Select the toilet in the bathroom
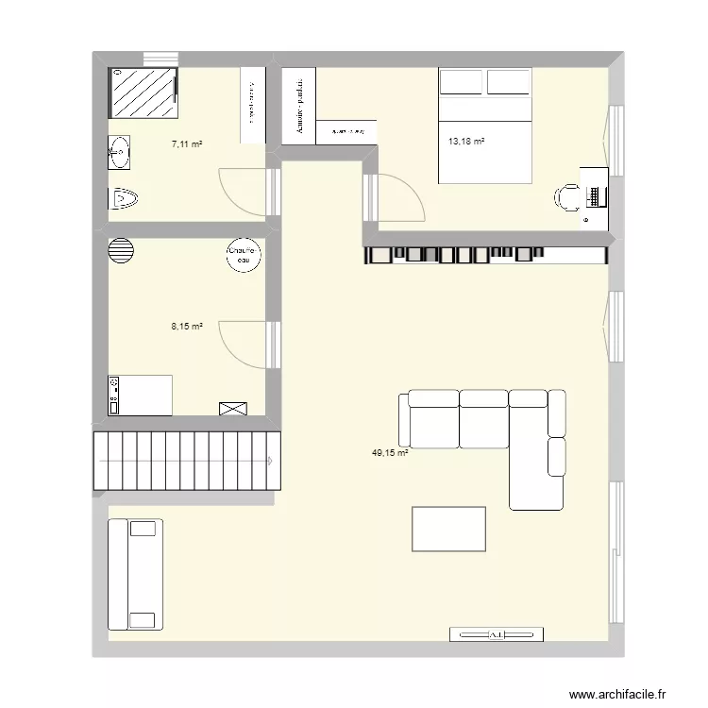124,198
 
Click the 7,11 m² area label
187,144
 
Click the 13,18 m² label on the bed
466,142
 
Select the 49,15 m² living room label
389,453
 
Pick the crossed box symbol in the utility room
232,408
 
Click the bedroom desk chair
569,196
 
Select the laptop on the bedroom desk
596,196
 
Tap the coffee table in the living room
448,529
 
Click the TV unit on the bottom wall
497,634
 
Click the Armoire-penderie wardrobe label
298,106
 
